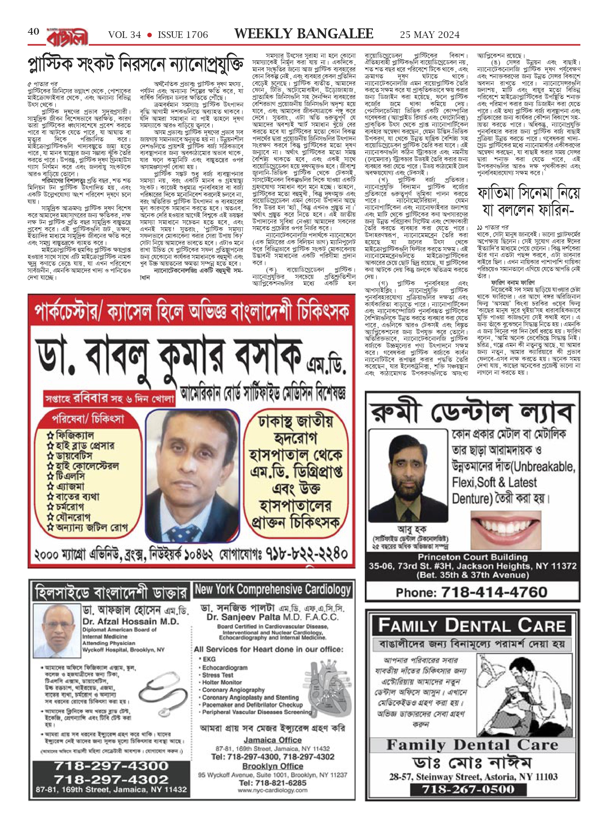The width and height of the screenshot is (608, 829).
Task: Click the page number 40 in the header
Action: click(33, 32)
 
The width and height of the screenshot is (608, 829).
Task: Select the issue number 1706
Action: click(183, 35)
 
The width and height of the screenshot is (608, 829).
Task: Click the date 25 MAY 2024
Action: click(430, 35)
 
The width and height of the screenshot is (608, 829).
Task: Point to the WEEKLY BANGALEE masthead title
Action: click(304, 34)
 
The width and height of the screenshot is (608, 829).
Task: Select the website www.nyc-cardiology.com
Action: click(273, 790)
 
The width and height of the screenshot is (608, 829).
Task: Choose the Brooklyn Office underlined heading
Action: click(273, 766)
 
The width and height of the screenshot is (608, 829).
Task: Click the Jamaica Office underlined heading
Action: click(272, 740)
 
